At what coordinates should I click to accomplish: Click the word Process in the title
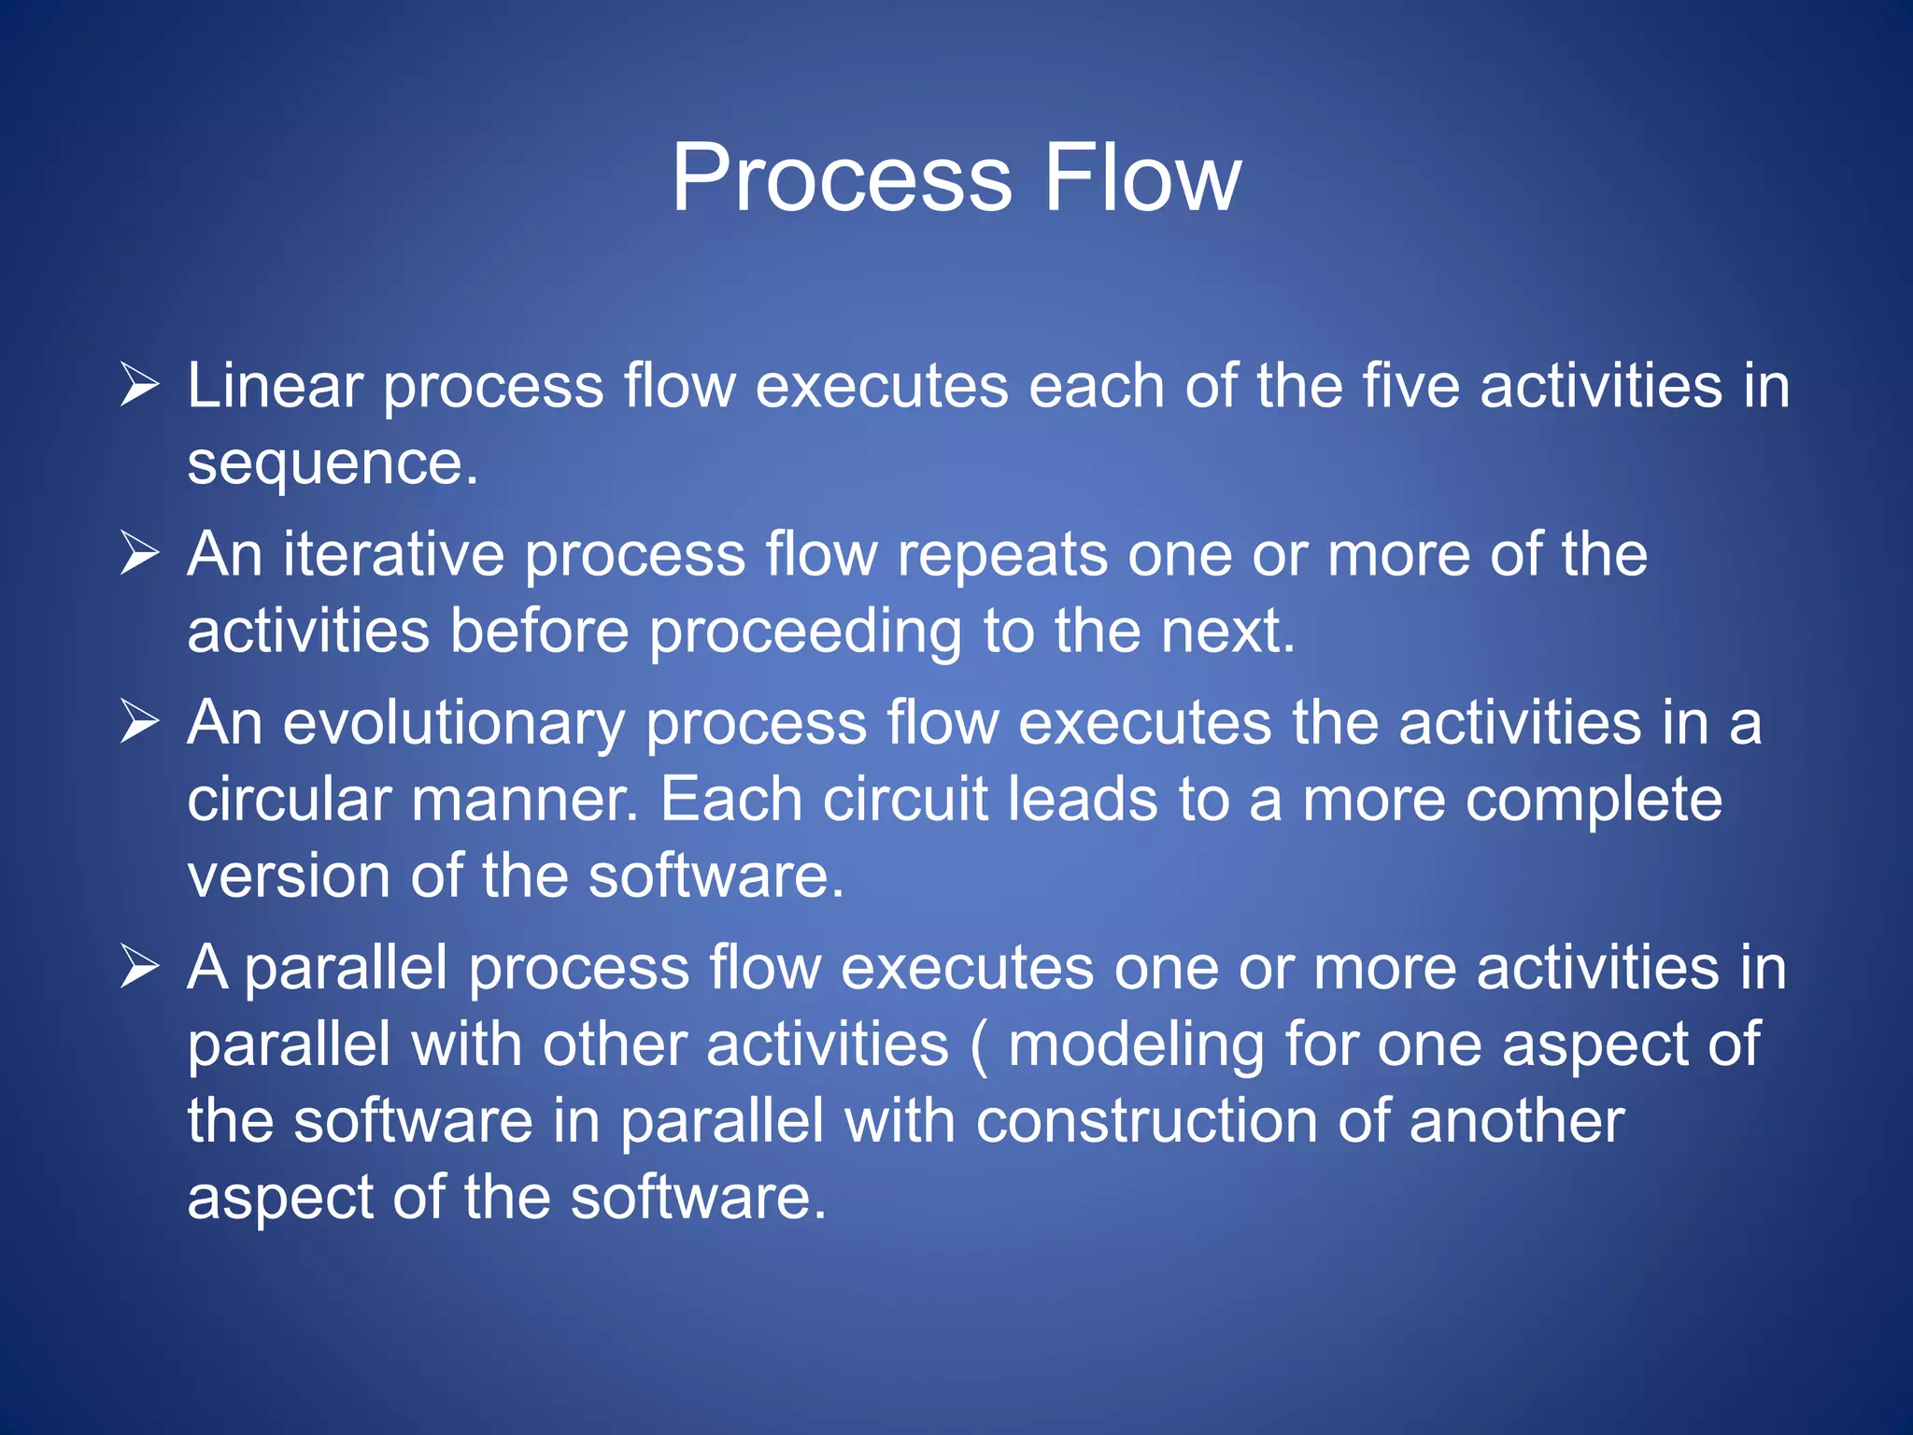point(842,178)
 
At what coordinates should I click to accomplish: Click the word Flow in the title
point(1142,178)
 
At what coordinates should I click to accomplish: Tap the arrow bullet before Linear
point(140,386)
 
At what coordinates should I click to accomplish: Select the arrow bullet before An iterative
point(140,554)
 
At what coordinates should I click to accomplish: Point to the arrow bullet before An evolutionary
point(140,723)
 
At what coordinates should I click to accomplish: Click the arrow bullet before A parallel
point(140,967)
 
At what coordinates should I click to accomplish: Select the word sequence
point(332,464)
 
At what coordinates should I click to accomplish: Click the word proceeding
point(805,632)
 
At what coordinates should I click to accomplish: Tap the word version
point(289,877)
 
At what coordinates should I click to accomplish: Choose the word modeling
point(1136,1045)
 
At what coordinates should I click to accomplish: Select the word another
point(1517,1121)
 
